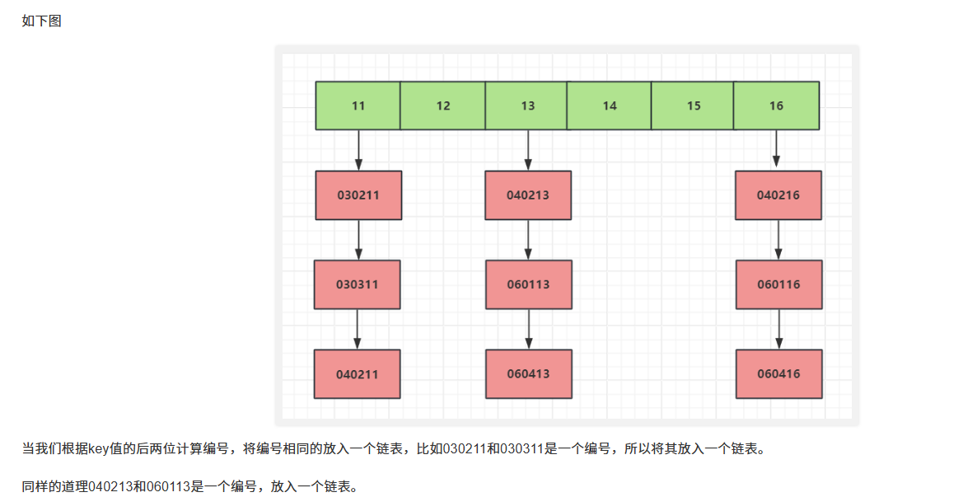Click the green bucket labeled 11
pyautogui.click(x=358, y=105)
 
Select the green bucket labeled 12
pyautogui.click(x=443, y=105)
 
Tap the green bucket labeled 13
pyautogui.click(x=527, y=105)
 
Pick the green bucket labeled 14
pyautogui.click(x=610, y=105)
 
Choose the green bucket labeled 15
pyautogui.click(x=694, y=105)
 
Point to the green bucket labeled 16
pyautogui.click(x=777, y=105)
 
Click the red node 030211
pyautogui.click(x=358, y=195)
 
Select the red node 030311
pyautogui.click(x=358, y=284)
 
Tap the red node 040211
pyautogui.click(x=358, y=373)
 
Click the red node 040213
pyautogui.click(x=528, y=195)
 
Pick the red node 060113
pyautogui.click(x=529, y=284)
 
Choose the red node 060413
pyautogui.click(x=529, y=373)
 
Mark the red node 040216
pyautogui.click(x=778, y=195)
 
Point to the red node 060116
pyautogui.click(x=779, y=284)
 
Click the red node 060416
pyautogui.click(x=779, y=373)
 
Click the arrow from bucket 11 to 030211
pyautogui.click(x=358, y=150)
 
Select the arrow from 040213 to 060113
pyautogui.click(x=528, y=240)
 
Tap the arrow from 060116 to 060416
pyautogui.click(x=779, y=329)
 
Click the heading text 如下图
pyautogui.click(x=42, y=21)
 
